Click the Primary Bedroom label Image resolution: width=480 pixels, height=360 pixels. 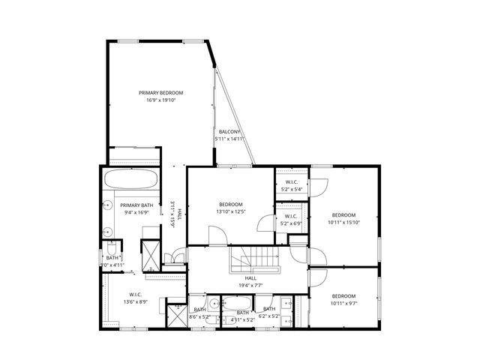[x=160, y=93]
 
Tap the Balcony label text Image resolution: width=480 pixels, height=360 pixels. [x=229, y=132]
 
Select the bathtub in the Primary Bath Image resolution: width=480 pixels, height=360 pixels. [x=130, y=180]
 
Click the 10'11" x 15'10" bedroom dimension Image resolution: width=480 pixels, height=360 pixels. [x=343, y=222]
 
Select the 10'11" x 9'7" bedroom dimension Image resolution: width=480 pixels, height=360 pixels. [x=343, y=304]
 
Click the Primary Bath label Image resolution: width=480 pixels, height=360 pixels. [x=136, y=205]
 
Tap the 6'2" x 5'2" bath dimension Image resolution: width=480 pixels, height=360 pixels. [x=268, y=316]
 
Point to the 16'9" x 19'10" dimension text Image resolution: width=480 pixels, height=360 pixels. [x=160, y=100]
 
